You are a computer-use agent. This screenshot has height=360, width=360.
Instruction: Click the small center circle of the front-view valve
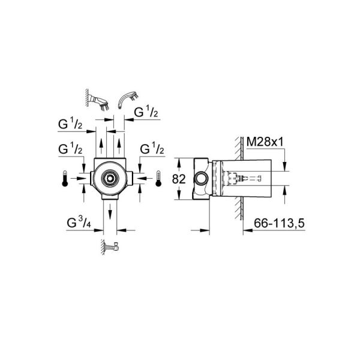point(110,178)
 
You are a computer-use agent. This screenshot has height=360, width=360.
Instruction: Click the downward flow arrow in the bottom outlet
point(110,212)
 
